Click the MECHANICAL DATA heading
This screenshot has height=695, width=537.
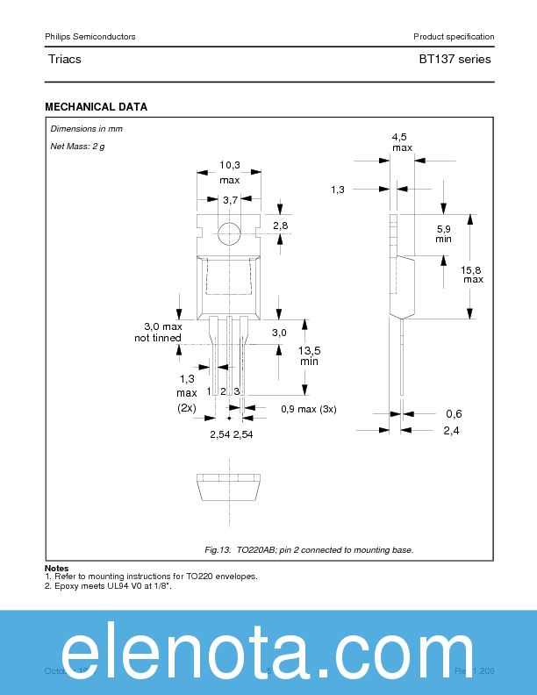[96, 107]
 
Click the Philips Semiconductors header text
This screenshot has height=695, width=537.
[89, 36]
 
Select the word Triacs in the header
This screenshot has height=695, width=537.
[65, 60]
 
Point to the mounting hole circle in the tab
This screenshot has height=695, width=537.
[229, 233]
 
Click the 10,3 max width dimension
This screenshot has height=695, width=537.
[229, 172]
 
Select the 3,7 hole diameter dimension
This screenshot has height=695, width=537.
[230, 200]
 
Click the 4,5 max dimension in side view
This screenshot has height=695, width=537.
[401, 142]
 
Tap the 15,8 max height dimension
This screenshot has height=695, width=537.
[473, 273]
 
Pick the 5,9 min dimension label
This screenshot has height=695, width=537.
[444, 233]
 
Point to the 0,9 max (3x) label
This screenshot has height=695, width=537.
[308, 409]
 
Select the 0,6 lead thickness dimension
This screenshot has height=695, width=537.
[454, 413]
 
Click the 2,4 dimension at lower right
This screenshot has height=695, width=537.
[452, 430]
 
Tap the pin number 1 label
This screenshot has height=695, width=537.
[209, 390]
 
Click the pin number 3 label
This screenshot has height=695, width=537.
[237, 390]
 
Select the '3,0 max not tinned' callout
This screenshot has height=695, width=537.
[158, 332]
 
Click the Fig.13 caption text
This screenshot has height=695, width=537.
[309, 549]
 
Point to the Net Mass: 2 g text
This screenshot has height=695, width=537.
[77, 146]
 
